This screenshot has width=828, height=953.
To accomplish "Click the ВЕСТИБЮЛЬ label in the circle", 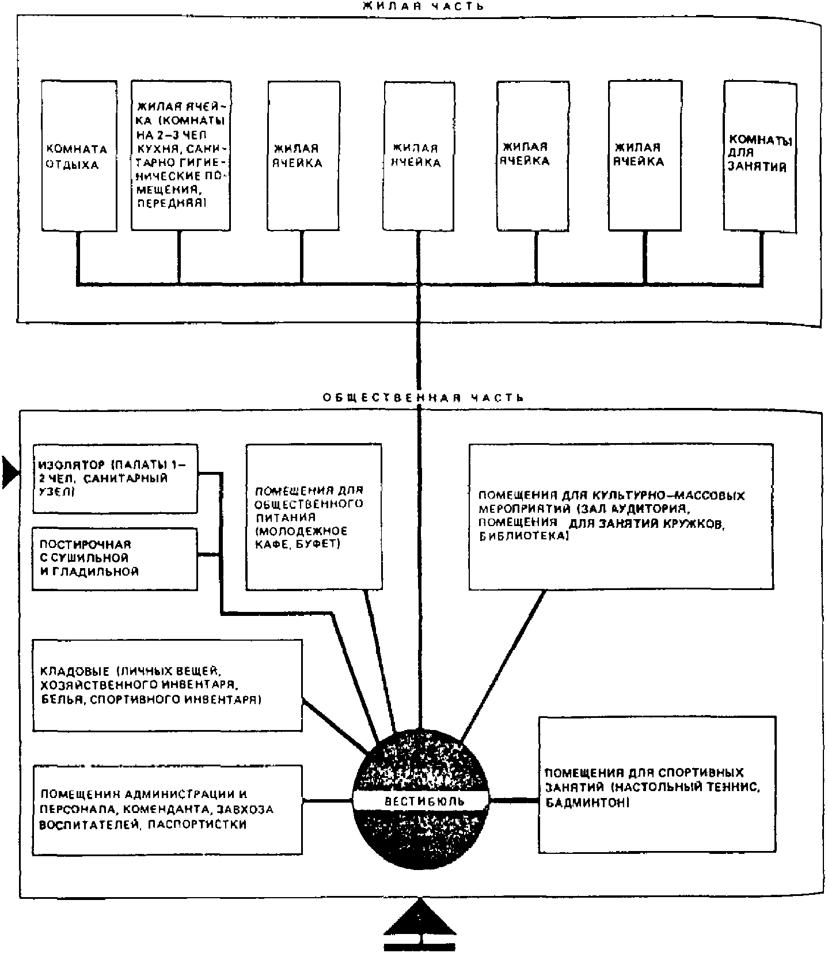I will pos(420,801).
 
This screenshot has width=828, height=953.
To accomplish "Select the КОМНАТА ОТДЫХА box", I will pos(79,156).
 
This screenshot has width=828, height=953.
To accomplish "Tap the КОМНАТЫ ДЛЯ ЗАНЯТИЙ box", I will pos(759,156).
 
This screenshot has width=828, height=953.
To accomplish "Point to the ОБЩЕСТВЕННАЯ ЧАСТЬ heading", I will pos(423,398).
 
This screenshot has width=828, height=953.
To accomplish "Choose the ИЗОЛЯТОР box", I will pos(115,478).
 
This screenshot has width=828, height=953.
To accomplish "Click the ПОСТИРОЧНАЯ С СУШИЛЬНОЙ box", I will pos(115,558).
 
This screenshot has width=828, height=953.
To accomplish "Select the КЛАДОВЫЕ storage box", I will pos(167,685).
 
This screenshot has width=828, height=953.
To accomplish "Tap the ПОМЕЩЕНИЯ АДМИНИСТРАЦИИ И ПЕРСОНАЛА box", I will pos(167,809).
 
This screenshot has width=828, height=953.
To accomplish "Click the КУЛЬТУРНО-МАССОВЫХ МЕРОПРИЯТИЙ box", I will pos(621,516).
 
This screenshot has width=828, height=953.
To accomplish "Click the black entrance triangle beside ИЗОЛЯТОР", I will pos(10,472).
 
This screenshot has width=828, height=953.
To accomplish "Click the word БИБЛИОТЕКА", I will pos(523,536).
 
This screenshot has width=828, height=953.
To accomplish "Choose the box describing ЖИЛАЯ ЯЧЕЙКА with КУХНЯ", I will pos(181,156).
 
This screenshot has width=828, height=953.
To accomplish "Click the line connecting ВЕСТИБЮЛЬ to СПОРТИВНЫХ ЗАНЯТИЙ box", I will pos(514,800).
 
